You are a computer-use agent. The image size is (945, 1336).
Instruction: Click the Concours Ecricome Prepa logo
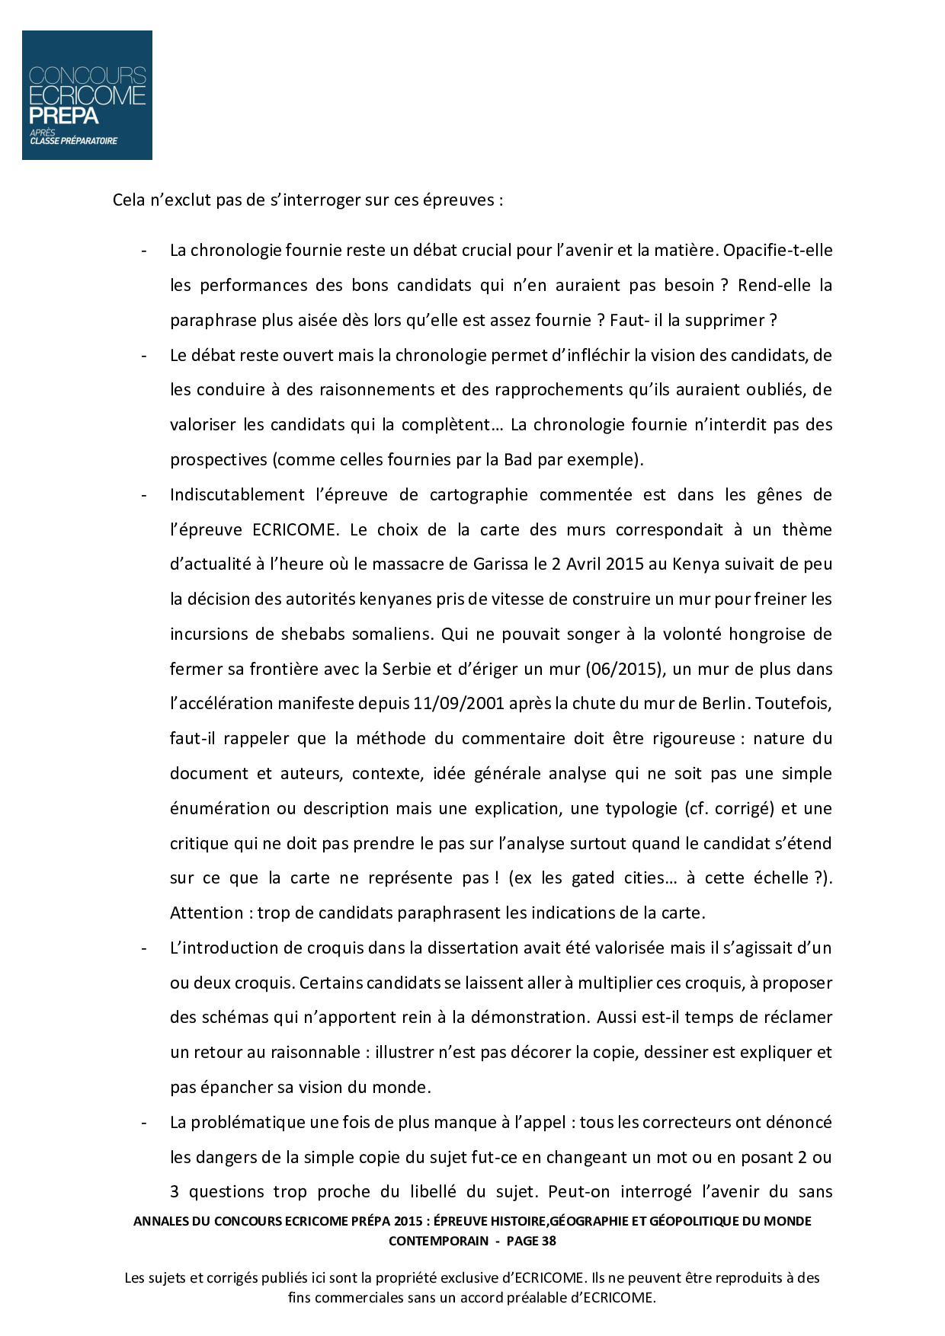pos(87,95)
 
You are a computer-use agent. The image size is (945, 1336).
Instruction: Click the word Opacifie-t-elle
pos(777,251)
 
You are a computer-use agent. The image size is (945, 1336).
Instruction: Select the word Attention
pos(206,913)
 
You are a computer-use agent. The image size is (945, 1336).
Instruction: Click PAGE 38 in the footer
pos(531,1241)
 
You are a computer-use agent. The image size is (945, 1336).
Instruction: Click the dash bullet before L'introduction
pos(143,949)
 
